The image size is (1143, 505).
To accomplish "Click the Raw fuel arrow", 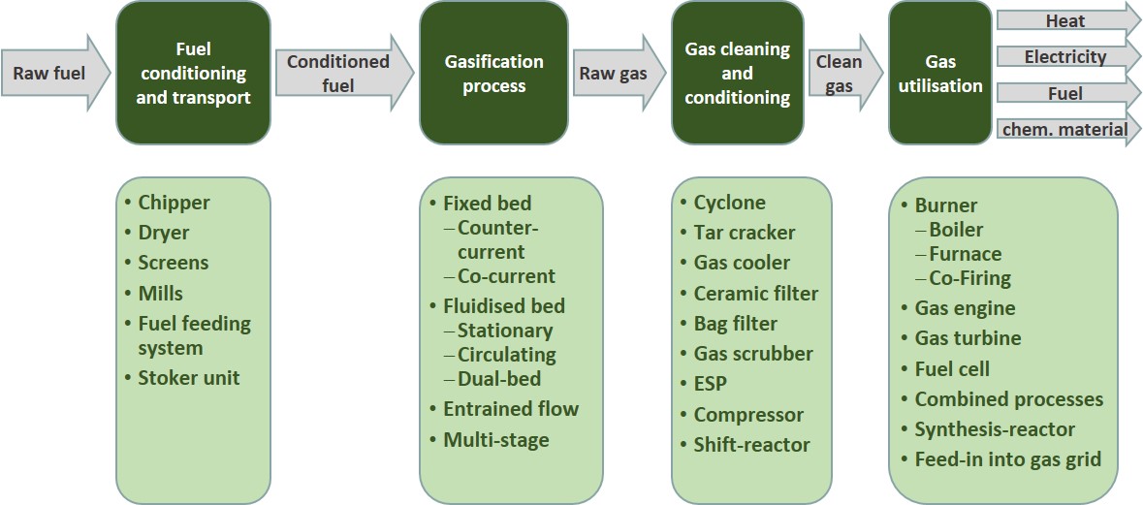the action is coord(55,73).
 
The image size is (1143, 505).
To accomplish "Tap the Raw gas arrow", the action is coord(619,73).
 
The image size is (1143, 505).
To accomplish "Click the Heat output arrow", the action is coord(1068,20).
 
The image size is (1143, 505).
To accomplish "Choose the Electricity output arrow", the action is coord(1068,56).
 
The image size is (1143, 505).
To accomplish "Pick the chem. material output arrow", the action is coord(1068,130).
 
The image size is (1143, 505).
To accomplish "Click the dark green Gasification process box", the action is coord(493,73).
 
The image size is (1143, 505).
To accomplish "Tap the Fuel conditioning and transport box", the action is coord(193,73).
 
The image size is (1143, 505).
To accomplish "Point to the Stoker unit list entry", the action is coord(181,377).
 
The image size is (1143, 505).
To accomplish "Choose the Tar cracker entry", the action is coord(737,233).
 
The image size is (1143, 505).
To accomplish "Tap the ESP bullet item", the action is coord(704,383).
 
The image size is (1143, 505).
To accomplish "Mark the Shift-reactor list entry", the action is coord(745,444).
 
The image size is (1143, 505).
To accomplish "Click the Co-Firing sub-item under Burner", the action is coord(963,277).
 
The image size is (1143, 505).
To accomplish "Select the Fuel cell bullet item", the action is coord(944,368).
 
